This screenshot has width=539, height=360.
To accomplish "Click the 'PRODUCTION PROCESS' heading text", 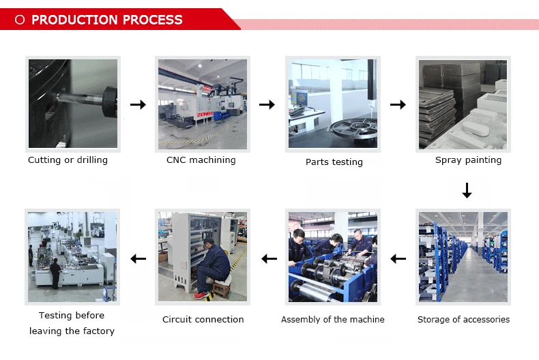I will coord(107,20).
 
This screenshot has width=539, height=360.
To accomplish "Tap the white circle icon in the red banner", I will coord(20,20).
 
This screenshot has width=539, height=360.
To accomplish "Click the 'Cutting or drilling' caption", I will coord(68,160).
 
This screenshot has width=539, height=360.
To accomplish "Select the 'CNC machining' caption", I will coord(201,160).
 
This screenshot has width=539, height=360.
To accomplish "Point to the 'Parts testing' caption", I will coord(334,162).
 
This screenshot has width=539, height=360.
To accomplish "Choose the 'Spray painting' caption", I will coord(468,160).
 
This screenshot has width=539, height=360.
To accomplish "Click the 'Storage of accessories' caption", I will coord(463,319).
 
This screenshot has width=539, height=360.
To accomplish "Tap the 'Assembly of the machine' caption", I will coord(333,319).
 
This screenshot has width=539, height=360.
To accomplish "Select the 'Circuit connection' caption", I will coord(203,319).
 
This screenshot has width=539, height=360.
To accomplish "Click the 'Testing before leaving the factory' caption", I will coord(72,323).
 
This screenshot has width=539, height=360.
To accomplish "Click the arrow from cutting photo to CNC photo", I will coord(138,104).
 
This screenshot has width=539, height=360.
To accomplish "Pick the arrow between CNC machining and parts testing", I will coord(267,104).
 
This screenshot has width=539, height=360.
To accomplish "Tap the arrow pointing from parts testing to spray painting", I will coord(398,104).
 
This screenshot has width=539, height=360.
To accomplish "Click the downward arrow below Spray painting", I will coord(467,190).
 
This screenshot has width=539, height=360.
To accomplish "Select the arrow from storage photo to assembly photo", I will coord(398,258).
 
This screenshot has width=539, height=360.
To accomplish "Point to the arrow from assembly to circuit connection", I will coord(269,258).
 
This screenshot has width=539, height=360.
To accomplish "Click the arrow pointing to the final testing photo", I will coord(139,258).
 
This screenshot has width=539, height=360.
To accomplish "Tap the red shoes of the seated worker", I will coord(200,295).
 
